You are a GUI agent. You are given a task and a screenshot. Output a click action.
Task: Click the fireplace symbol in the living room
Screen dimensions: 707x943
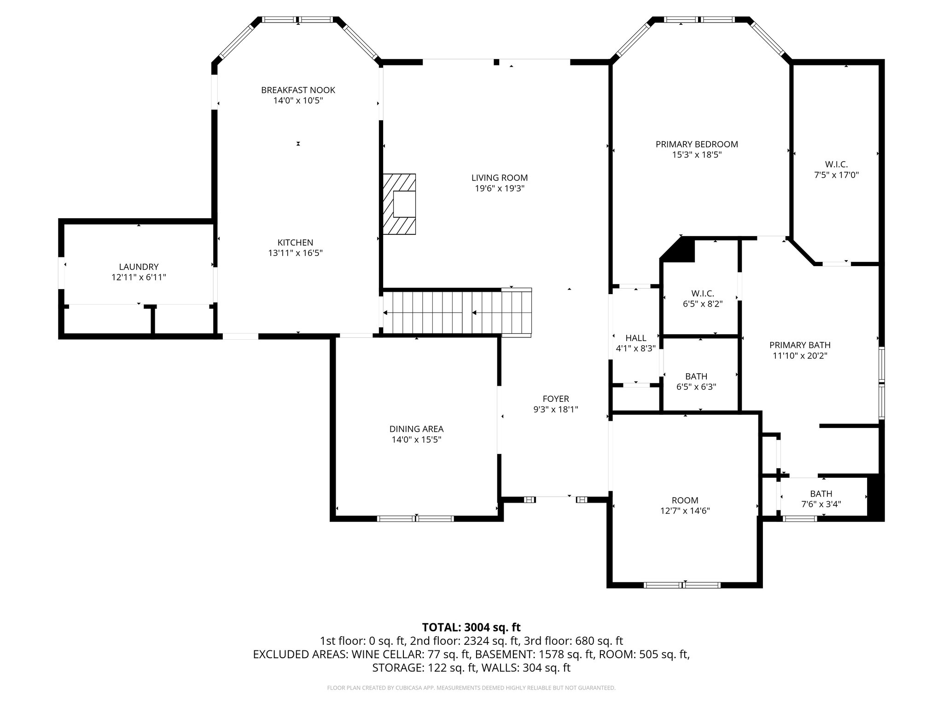click(399, 204)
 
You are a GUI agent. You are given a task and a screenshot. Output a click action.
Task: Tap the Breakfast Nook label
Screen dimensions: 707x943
click(298, 90)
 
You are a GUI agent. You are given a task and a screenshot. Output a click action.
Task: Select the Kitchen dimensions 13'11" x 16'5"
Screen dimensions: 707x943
click(295, 253)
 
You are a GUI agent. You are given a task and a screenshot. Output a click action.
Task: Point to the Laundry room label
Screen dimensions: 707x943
click(139, 267)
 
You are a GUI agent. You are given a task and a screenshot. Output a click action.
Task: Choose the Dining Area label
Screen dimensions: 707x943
click(416, 429)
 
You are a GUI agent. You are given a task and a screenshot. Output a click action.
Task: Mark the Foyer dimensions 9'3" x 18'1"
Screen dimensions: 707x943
click(555, 409)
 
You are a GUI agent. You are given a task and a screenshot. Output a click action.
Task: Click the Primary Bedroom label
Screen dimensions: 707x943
click(697, 145)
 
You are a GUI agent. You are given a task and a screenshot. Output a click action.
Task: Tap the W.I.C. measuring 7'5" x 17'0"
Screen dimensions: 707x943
click(836, 165)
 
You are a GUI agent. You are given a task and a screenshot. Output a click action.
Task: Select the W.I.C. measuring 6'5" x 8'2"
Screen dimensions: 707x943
click(702, 294)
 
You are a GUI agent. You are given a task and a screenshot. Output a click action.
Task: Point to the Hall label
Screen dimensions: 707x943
click(635, 338)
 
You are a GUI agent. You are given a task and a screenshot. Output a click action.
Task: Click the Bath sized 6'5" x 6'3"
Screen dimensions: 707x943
click(696, 377)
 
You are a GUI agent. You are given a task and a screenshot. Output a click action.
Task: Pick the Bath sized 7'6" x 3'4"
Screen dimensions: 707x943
click(821, 494)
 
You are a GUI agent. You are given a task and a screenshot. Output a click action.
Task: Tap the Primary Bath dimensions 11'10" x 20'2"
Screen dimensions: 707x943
click(800, 355)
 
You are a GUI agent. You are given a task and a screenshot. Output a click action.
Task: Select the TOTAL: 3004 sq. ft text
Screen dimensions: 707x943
click(471, 627)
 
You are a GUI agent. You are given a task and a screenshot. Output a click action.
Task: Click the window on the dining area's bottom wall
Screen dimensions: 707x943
click(416, 518)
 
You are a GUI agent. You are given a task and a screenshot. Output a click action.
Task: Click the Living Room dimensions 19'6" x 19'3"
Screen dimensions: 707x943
click(500, 188)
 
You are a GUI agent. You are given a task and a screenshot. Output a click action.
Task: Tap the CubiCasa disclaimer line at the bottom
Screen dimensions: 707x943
click(471, 688)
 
